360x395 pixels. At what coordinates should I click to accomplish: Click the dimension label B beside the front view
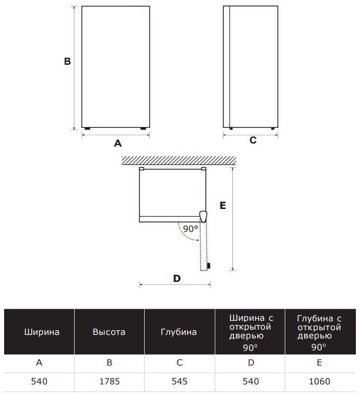coord(67,61)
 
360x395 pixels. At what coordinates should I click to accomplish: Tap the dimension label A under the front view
coord(118,143)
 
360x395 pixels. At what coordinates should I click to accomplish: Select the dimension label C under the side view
coord(253,140)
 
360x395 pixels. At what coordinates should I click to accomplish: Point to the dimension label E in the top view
coord(223,205)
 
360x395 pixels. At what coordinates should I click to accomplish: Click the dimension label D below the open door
coord(177,278)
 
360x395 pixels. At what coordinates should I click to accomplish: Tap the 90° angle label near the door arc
coord(191,229)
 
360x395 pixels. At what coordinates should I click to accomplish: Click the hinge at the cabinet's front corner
coord(203,217)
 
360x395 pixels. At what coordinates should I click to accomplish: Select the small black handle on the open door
coord(208,265)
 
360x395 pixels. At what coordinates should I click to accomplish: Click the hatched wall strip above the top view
coord(179,161)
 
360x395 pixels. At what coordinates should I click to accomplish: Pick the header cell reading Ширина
coord(39,331)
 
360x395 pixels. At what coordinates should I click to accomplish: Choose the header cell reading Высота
coord(109,331)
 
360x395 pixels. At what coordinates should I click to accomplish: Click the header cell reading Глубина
coord(179,331)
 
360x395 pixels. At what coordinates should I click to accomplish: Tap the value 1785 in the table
coord(109,381)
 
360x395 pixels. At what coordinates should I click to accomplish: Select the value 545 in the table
coord(179,381)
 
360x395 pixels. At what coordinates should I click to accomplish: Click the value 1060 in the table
coord(319,381)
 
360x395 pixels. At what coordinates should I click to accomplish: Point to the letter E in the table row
coord(319,363)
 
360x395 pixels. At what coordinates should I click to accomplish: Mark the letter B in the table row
coord(109,363)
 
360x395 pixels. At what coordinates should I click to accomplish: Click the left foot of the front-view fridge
coord(88,128)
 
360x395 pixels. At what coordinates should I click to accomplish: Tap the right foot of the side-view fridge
coord(272,128)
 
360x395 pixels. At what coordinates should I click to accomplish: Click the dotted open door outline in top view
coord(204,246)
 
